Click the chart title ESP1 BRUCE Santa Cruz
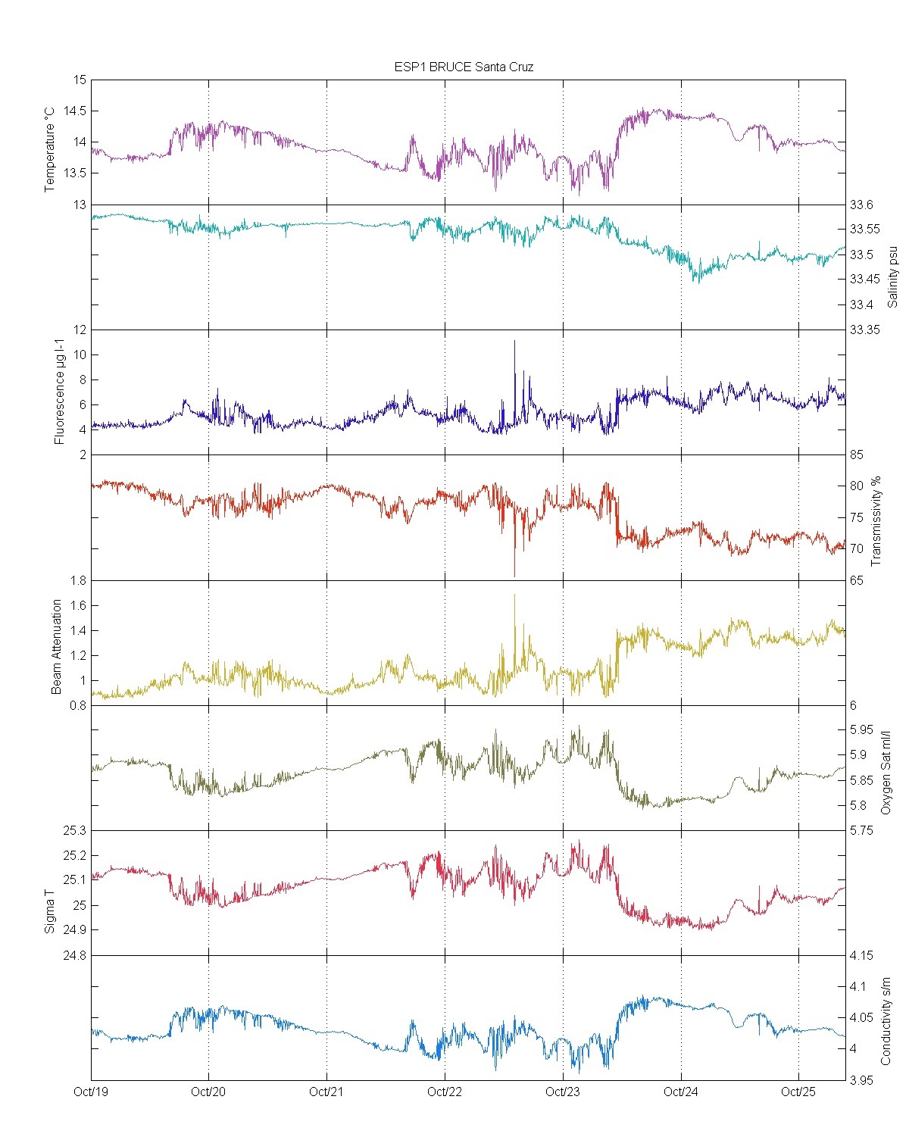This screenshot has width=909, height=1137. pyautogui.click(x=464, y=67)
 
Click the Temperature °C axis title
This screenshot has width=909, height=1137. pyautogui.click(x=50, y=149)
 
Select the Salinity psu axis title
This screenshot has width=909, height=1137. pyautogui.click(x=892, y=276)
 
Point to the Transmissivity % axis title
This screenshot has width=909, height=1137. pyautogui.click(x=876, y=520)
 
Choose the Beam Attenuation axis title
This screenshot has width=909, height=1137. pyautogui.click(x=56, y=647)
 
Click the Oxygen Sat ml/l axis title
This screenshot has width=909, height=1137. pyautogui.click(x=886, y=773)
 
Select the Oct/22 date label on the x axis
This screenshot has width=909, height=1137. pyautogui.click(x=445, y=1092)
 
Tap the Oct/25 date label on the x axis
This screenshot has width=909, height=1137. pyautogui.click(x=798, y=1092)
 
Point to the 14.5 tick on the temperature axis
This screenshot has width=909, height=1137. pyautogui.click(x=74, y=111)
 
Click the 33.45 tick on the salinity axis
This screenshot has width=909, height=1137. pyautogui.click(x=864, y=279)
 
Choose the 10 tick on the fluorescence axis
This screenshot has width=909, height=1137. pyautogui.click(x=80, y=355)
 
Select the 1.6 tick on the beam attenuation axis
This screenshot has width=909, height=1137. pyautogui.click(x=78, y=605)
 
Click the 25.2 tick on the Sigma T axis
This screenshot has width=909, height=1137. pyautogui.click(x=74, y=855)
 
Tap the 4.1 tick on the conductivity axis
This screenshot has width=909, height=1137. pyautogui.click(x=857, y=986)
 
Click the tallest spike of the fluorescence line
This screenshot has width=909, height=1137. pyautogui.click(x=514, y=341)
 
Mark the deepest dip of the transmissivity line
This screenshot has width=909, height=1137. pyautogui.click(x=514, y=576)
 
